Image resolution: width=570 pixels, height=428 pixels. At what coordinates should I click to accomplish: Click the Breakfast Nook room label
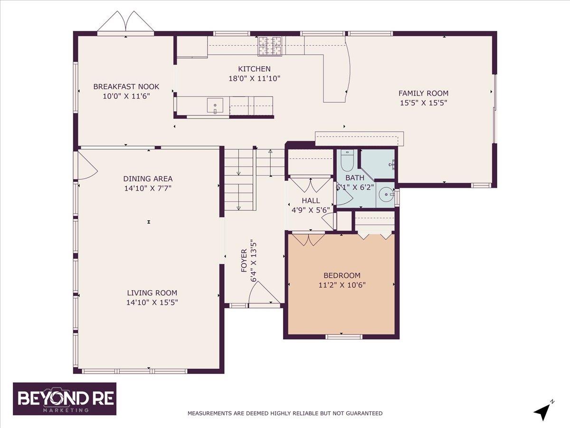pyautogui.click(x=126, y=87)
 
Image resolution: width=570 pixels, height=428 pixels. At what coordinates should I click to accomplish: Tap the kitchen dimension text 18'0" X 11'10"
pyautogui.click(x=255, y=78)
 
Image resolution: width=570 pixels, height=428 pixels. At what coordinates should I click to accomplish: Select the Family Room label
pyautogui.click(x=423, y=93)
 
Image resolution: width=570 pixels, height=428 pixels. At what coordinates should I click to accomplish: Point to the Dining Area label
pyautogui.click(x=148, y=179)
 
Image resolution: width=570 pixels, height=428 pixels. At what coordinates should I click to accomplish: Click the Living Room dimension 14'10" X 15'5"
pyautogui.click(x=152, y=302)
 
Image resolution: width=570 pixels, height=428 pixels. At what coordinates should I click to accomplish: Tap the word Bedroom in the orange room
pyautogui.click(x=342, y=275)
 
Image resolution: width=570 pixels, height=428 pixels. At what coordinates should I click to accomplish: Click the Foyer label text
pyautogui.click(x=244, y=261)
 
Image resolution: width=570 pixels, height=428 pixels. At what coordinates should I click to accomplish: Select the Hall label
pyautogui.click(x=311, y=201)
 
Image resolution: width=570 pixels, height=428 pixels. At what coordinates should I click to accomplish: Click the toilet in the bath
pyautogui.click(x=347, y=161)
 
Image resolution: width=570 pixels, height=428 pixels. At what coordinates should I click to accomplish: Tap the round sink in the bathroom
pyautogui.click(x=385, y=195)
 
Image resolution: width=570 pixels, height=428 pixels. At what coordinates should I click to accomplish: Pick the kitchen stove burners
pyautogui.click(x=270, y=46)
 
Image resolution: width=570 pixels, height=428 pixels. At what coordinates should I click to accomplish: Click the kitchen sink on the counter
pyautogui.click(x=215, y=105)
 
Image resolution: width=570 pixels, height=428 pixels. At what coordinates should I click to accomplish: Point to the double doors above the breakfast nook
pyautogui.click(x=125, y=22)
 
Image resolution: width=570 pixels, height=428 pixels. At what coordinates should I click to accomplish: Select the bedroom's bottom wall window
pyautogui.click(x=341, y=337)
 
